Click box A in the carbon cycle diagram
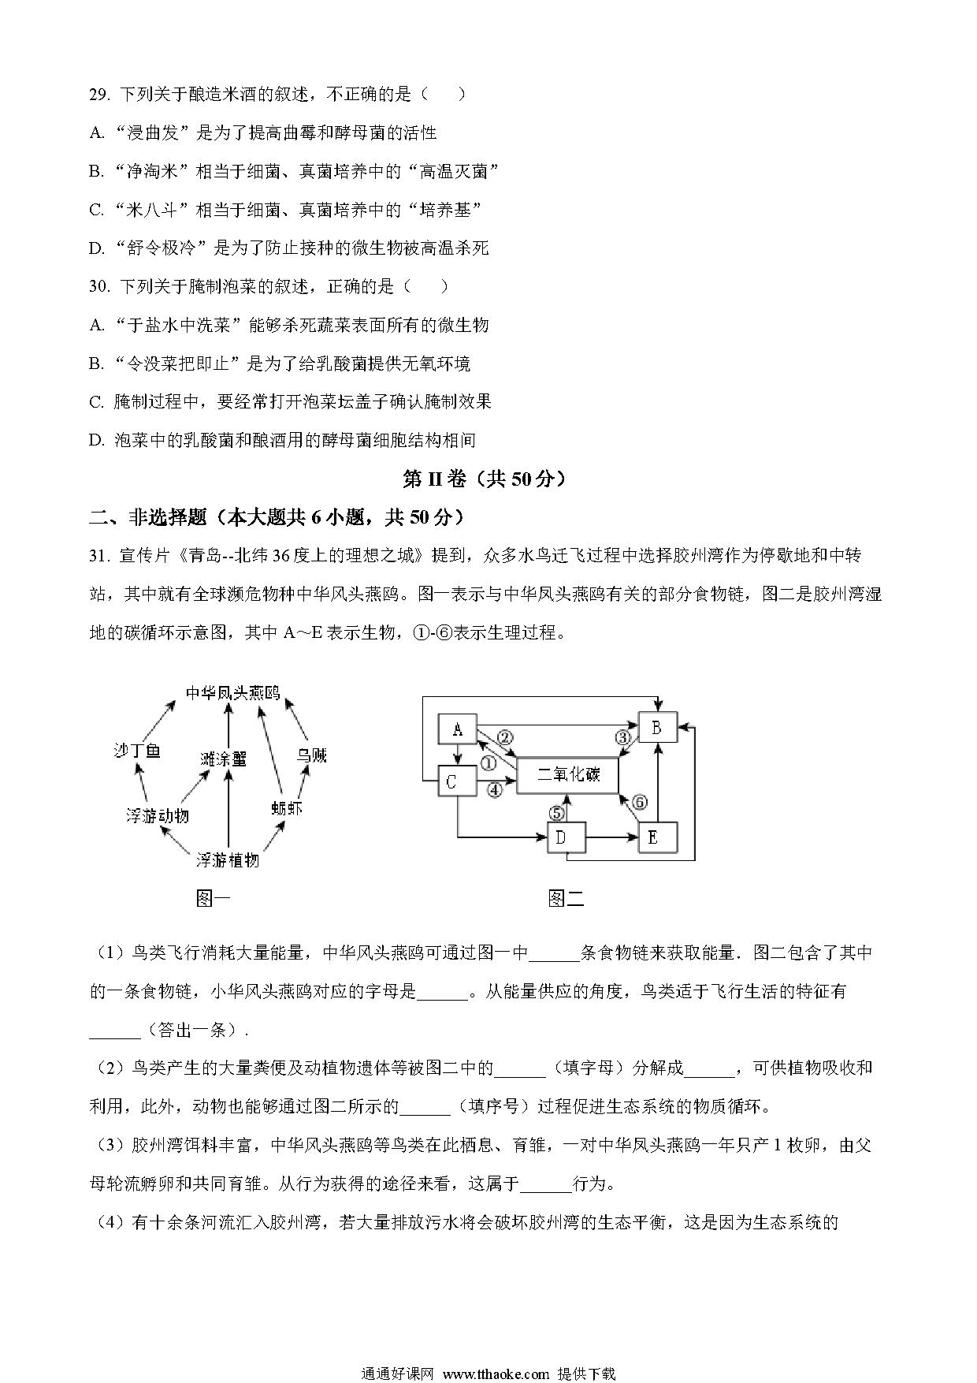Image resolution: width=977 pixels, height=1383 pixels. click(458, 729)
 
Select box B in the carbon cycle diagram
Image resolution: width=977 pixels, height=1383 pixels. click(657, 728)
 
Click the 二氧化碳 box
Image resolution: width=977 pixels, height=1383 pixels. click(567, 775)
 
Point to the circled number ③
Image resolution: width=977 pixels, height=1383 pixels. click(623, 738)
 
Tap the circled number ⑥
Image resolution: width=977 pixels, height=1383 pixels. click(639, 802)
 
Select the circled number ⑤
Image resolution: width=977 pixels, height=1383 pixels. click(557, 812)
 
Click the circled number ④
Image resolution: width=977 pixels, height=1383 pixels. click(495, 788)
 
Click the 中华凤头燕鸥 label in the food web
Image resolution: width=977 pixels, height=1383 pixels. click(232, 693)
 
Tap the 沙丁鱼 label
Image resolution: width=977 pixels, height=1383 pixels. click(138, 751)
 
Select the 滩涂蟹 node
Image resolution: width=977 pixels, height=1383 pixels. click(224, 758)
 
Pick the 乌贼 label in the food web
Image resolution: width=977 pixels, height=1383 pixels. click(311, 755)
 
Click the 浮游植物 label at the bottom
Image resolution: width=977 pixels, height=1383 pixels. click(228, 859)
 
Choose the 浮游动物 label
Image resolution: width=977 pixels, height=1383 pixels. click(158, 815)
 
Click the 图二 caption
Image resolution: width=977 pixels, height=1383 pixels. click(566, 898)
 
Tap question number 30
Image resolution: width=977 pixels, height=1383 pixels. click(99, 287)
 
